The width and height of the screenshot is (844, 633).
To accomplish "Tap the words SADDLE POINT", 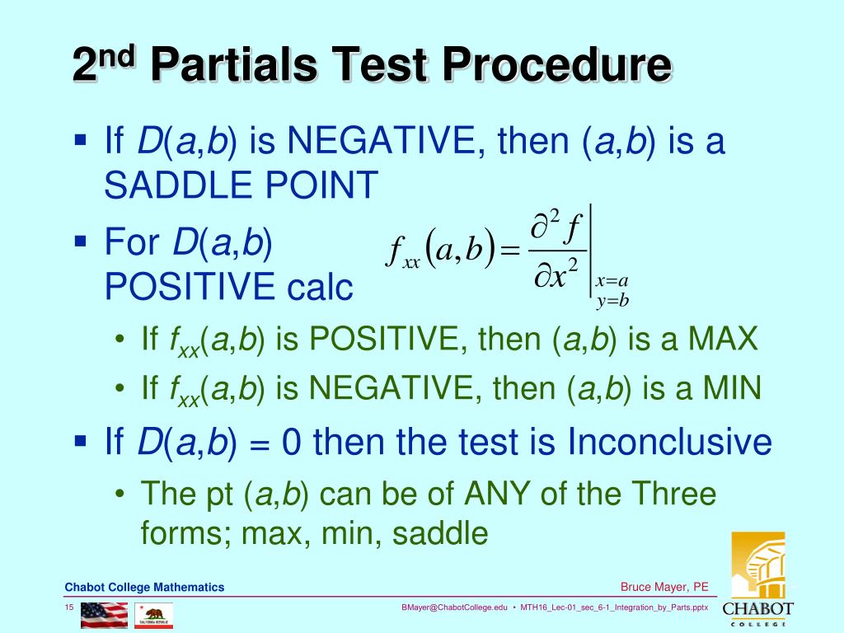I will point(241,185).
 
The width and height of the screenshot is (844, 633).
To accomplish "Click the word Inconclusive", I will point(669,443).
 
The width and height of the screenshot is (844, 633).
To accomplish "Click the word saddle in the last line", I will point(440,533).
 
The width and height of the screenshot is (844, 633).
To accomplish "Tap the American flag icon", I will point(105,615).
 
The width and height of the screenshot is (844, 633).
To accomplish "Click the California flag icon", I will point(154,615).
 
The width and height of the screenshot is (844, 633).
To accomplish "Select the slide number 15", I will point(70,608).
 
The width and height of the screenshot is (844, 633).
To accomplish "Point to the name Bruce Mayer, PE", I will point(664,587).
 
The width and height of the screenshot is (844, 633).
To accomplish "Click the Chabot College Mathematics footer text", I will point(144,587).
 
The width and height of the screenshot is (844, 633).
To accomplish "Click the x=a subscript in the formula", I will point(612,282).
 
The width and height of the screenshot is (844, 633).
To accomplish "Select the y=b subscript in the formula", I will point(612,300).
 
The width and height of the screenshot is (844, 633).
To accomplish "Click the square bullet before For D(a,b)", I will point(80,241).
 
